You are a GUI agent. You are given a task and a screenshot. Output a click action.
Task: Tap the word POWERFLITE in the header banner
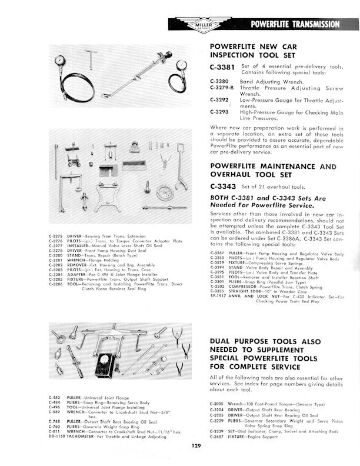point(270,24)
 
